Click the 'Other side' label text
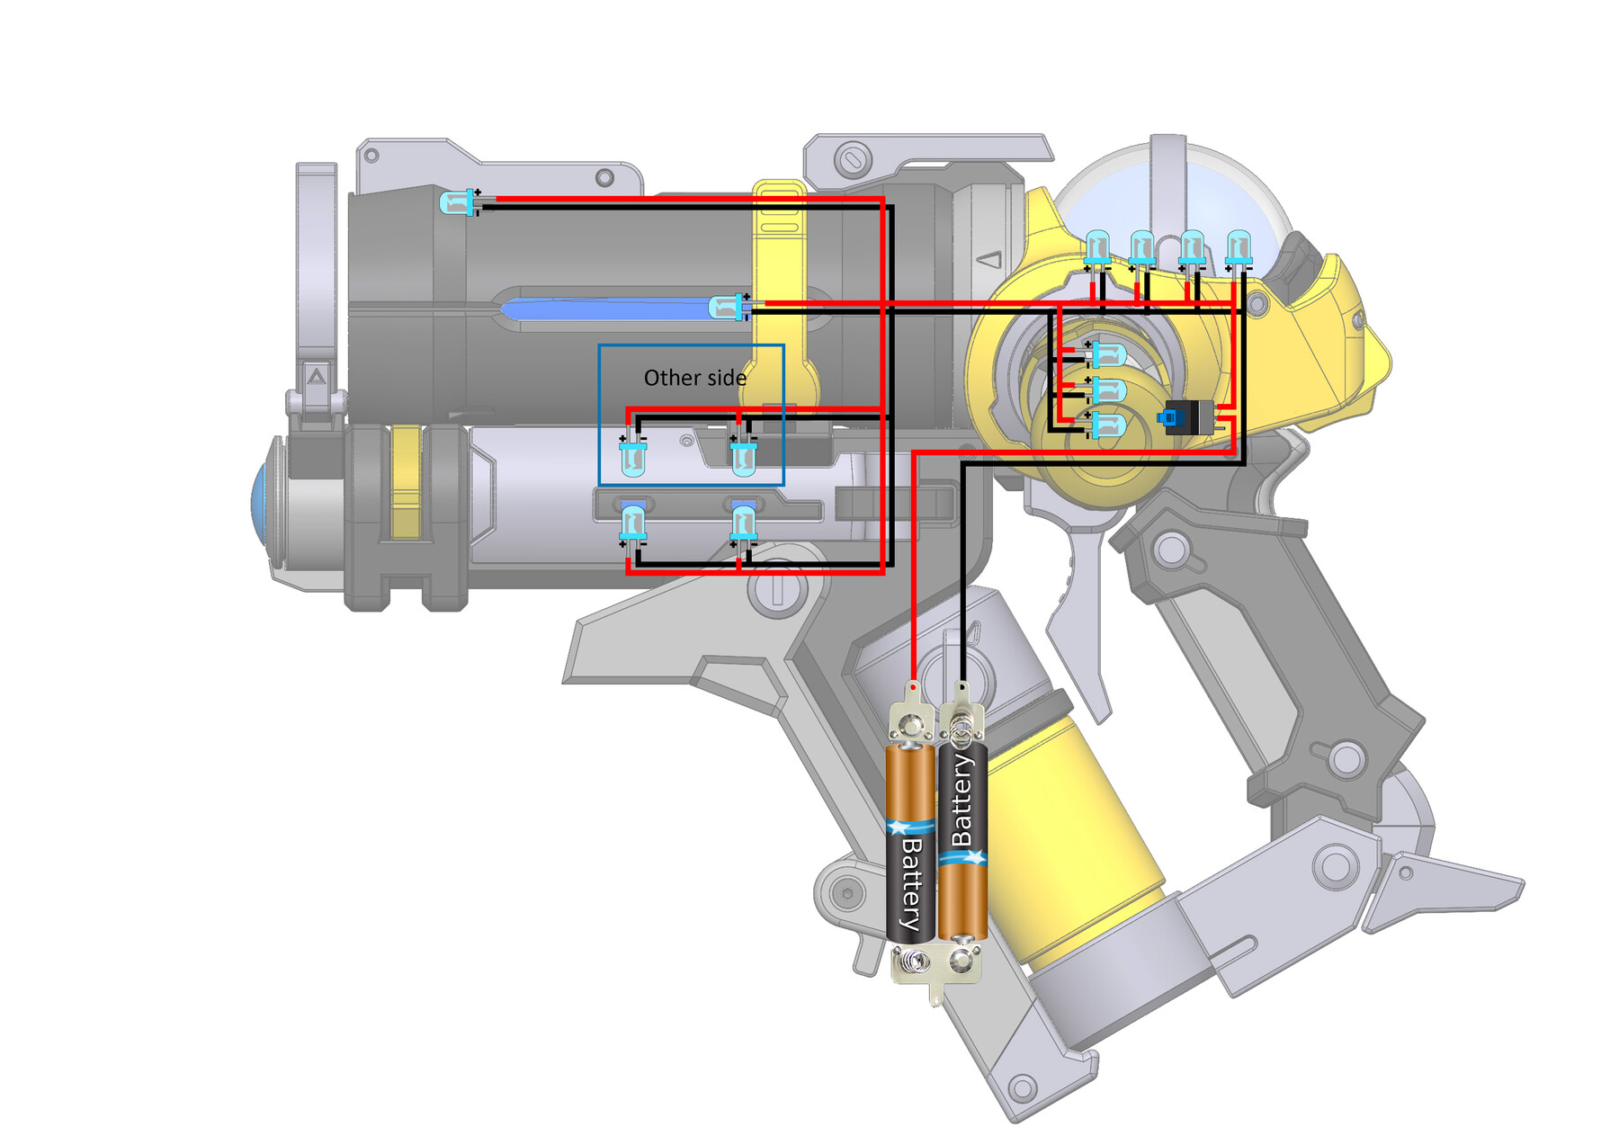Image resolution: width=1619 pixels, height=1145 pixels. click(x=694, y=378)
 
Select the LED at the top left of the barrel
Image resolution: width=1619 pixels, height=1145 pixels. click(x=461, y=202)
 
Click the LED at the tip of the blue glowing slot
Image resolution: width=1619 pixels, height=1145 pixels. click(x=729, y=307)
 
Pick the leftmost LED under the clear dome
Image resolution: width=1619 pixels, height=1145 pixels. click(x=1097, y=250)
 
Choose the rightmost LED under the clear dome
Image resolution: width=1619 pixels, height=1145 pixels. click(x=1239, y=250)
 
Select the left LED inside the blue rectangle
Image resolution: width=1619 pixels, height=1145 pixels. click(x=632, y=455)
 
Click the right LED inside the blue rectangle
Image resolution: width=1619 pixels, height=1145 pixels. click(x=743, y=455)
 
